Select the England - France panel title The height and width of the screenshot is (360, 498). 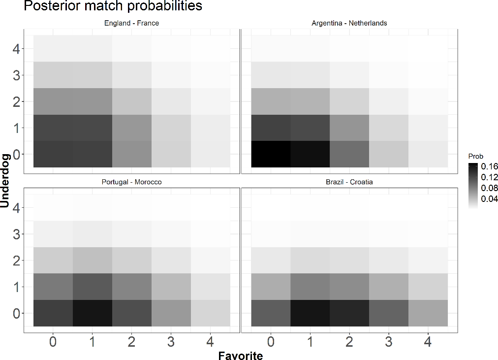(131, 23)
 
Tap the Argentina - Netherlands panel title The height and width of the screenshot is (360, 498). (349, 23)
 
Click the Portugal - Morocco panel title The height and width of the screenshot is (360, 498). (131, 182)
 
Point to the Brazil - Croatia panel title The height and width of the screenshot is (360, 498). (349, 182)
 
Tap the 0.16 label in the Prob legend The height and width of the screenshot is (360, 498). (490, 167)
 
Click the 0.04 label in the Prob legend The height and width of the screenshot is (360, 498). (490, 199)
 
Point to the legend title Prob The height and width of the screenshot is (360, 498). (475, 156)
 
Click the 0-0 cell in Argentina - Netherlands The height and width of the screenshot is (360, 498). (271, 154)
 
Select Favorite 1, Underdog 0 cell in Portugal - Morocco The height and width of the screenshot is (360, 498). (93, 313)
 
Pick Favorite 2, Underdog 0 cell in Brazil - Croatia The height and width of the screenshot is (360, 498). (349, 313)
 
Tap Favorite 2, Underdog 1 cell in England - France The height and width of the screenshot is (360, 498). (131, 128)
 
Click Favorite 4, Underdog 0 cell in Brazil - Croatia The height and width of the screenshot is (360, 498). (428, 313)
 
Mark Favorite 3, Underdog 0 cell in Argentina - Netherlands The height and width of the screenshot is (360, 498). (389, 154)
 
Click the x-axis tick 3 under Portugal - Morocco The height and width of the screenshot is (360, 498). (171, 342)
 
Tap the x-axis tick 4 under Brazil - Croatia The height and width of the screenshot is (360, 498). (428, 342)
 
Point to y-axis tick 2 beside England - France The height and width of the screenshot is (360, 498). (16, 101)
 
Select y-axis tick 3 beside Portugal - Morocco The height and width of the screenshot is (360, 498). (16, 234)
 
